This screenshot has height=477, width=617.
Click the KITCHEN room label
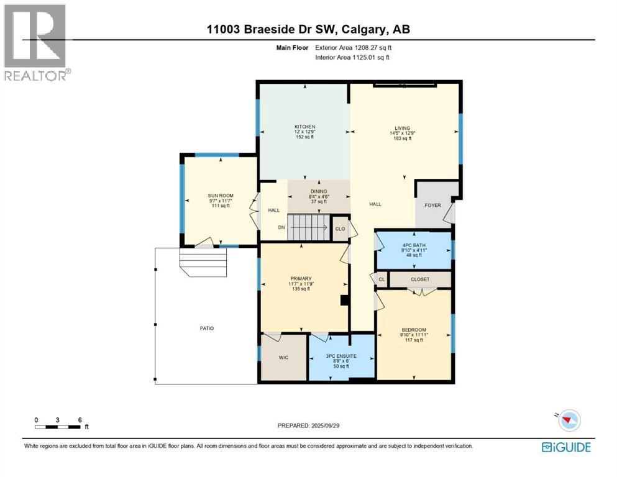pos(305,127)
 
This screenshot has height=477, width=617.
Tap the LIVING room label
pos(403,128)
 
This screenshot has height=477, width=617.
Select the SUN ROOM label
pos(221,196)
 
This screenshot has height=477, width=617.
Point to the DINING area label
pos(319,191)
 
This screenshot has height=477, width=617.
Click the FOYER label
pos(433,205)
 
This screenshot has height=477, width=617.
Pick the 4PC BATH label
pos(414,245)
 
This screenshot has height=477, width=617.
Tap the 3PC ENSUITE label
pos(341,357)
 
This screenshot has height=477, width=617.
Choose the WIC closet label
pos(283,358)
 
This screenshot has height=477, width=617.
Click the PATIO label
pos(206,329)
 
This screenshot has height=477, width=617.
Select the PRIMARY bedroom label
pos(301,278)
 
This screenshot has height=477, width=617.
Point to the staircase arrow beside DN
pos(309,227)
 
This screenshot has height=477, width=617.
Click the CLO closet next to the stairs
pos(340,229)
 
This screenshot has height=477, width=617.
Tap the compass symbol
pos(569,420)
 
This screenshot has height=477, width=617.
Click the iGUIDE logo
pos(566,448)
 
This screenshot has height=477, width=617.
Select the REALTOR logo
pos(37,42)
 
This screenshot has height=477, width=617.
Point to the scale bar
pos(58,427)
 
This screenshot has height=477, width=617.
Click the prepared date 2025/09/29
pos(326,425)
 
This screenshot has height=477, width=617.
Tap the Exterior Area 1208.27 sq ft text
pos(354,48)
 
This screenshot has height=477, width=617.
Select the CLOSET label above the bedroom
pos(420,279)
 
